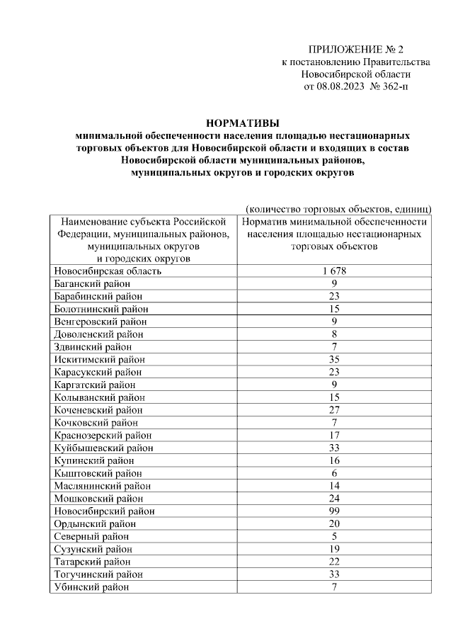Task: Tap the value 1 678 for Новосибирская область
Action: (x=335, y=271)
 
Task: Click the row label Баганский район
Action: (x=92, y=283)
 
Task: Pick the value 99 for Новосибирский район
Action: (x=335, y=511)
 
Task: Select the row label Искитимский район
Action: (x=98, y=359)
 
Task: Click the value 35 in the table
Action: (x=335, y=359)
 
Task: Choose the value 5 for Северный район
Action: (x=335, y=536)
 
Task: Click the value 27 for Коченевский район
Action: (x=335, y=409)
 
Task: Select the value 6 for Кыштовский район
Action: (x=335, y=473)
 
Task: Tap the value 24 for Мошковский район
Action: (x=335, y=498)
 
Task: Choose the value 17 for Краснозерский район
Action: (x=335, y=435)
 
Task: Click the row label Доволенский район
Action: (x=98, y=334)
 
